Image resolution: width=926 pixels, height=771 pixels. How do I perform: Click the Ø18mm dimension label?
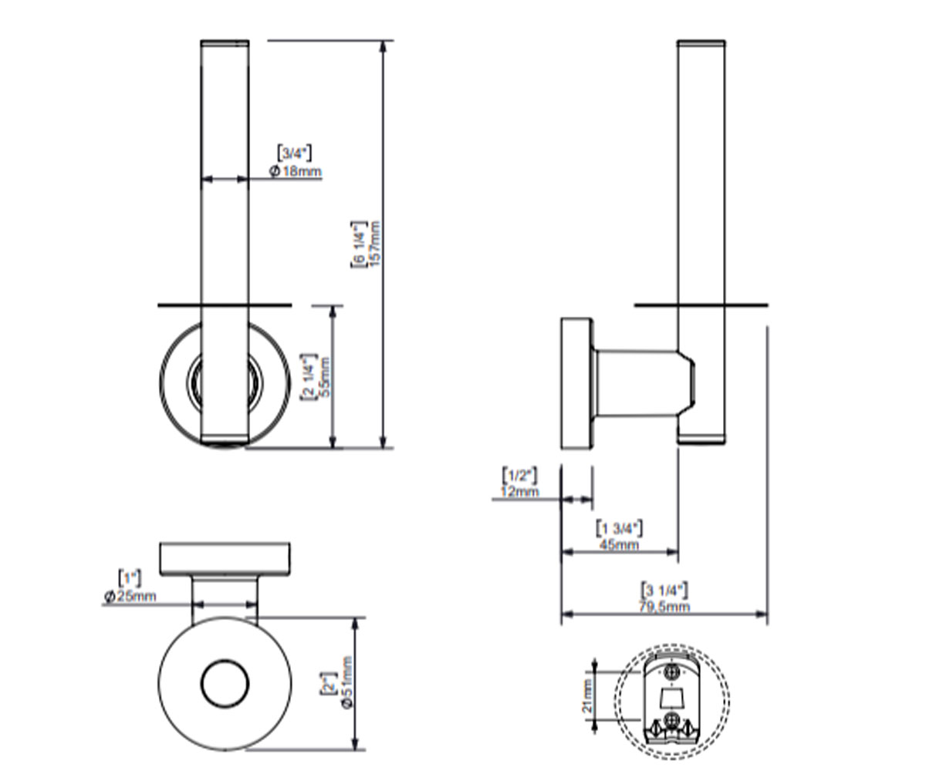(296, 171)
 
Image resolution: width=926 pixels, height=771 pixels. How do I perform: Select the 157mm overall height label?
(375, 244)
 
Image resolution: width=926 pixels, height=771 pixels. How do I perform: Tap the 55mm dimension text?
(325, 378)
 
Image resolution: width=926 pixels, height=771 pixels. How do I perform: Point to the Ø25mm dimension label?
(130, 597)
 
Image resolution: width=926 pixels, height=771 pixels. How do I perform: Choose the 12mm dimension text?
(520, 491)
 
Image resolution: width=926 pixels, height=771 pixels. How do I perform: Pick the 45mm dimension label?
(619, 544)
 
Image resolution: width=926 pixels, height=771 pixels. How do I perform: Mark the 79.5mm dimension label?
(664, 606)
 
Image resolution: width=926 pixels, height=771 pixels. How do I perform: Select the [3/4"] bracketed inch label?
(295, 153)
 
